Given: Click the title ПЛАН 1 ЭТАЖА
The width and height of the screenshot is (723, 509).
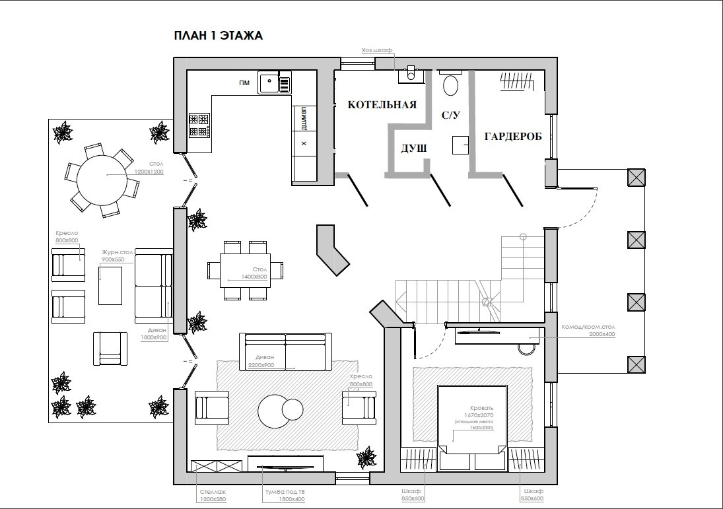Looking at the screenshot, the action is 218,36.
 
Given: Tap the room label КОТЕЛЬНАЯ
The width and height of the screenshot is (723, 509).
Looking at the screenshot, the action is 382,105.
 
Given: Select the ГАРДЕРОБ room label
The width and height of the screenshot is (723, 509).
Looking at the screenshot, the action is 513,137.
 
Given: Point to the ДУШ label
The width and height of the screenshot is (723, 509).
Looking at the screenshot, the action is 414,149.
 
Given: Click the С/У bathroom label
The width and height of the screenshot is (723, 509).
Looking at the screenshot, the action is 450,115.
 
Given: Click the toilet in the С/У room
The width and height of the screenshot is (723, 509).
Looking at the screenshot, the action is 451,85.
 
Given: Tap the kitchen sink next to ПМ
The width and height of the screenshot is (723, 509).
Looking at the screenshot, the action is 270,83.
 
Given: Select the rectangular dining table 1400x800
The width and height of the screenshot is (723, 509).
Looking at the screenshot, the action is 244,270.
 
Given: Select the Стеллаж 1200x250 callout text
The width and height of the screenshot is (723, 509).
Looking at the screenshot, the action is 212,495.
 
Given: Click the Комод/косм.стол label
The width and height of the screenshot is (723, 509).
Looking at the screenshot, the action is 588,327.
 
